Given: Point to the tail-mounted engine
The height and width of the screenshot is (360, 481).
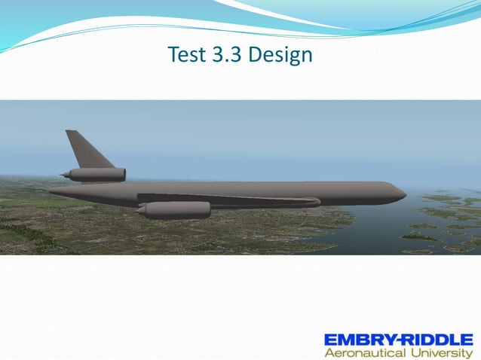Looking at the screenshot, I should click(x=96, y=175).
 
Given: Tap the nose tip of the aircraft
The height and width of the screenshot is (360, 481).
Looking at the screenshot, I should click(x=405, y=194).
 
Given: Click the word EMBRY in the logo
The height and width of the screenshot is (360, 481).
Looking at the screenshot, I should click(x=357, y=338).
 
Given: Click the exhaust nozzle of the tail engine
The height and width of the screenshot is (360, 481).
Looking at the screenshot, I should click(x=65, y=175).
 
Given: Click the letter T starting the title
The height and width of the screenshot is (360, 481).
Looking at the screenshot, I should click(x=172, y=55).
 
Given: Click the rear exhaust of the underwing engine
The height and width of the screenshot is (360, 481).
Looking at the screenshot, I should click(x=142, y=210).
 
